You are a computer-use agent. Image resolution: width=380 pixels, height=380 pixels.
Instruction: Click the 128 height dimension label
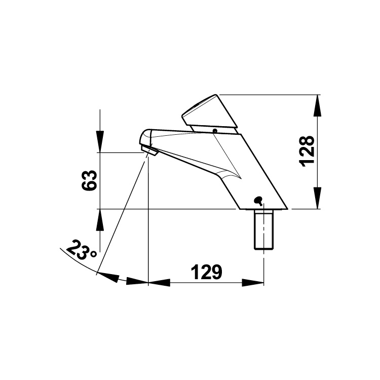pos(307,151)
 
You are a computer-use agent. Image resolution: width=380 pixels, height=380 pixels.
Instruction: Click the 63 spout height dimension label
pos(89,180)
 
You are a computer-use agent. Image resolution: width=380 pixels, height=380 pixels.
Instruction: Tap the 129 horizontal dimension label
pos(207,272)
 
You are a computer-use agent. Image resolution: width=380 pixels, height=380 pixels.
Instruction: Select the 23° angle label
pos(82,250)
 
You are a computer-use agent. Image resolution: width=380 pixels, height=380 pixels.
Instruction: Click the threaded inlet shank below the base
pos(263,229)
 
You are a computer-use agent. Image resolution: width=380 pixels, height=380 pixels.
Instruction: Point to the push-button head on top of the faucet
pos(210,112)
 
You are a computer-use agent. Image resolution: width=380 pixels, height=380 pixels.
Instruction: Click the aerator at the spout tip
pos(150,150)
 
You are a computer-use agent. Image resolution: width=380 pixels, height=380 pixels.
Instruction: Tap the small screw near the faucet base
pos(258,201)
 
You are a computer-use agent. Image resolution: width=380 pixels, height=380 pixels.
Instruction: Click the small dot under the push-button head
pos(214,131)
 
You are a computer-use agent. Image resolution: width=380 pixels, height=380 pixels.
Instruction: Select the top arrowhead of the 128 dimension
pos(317,106)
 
